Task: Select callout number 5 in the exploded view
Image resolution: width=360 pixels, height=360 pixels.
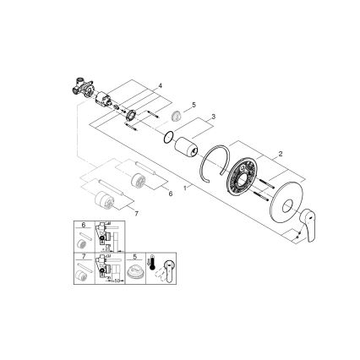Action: [194, 105]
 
